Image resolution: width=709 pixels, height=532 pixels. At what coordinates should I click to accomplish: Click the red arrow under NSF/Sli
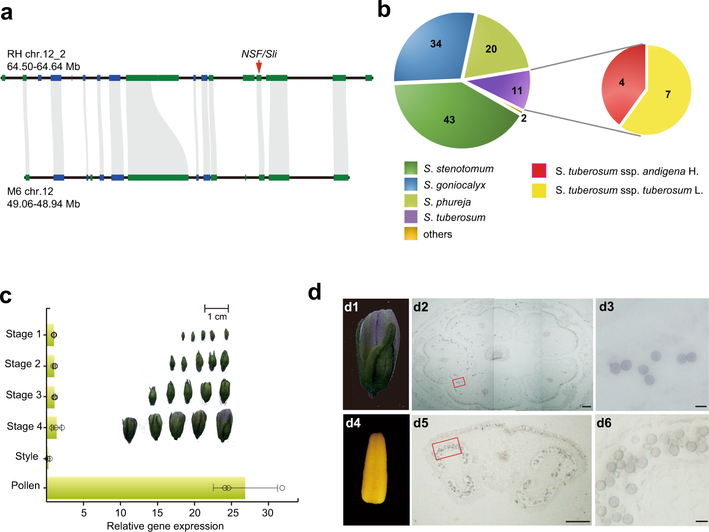click(259, 67)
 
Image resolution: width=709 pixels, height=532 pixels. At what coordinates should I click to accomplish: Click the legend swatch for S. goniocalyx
click(411, 184)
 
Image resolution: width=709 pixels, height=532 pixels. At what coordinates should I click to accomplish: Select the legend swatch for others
click(411, 234)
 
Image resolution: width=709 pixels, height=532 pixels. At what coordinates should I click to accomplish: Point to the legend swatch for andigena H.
click(539, 170)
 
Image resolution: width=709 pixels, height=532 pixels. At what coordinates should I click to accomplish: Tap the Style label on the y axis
click(27, 456)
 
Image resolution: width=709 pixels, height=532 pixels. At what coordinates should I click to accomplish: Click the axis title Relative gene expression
click(165, 526)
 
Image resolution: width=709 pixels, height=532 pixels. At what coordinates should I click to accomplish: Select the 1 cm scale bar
click(216, 308)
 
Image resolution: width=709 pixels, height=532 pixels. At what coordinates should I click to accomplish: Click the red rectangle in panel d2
click(459, 382)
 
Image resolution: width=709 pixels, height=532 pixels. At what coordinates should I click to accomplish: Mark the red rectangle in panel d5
click(447, 449)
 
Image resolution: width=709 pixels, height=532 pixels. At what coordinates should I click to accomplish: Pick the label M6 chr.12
click(30, 191)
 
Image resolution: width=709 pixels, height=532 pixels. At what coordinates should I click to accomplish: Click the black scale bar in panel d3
click(701, 406)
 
